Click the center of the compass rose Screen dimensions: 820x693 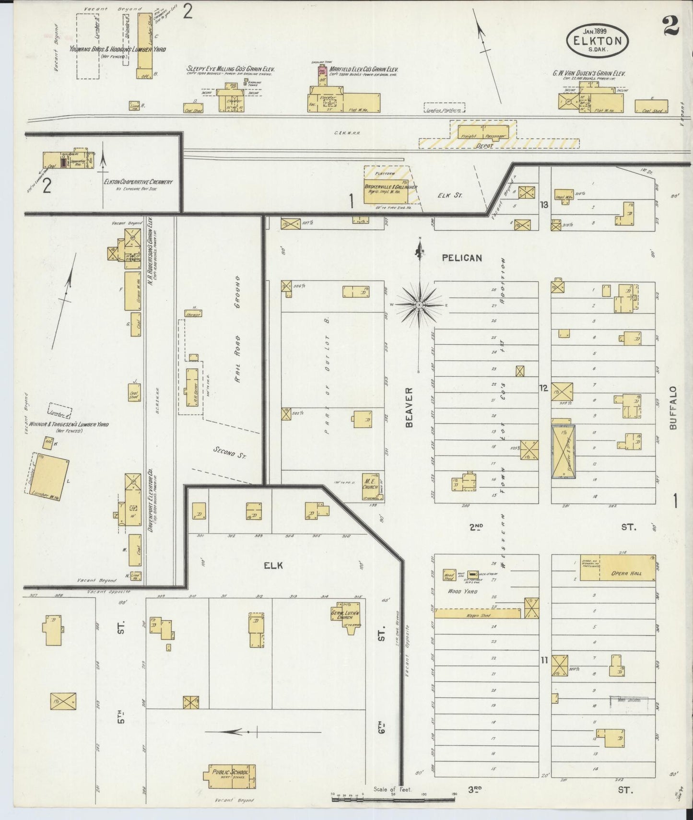[419, 305]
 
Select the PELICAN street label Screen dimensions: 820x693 [461, 258]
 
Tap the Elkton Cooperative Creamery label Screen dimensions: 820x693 [138, 182]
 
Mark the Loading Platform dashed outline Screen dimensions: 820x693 [445, 108]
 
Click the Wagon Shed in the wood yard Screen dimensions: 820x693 [480, 613]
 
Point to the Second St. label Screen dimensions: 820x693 [230, 453]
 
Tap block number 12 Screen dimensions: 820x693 [543, 388]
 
